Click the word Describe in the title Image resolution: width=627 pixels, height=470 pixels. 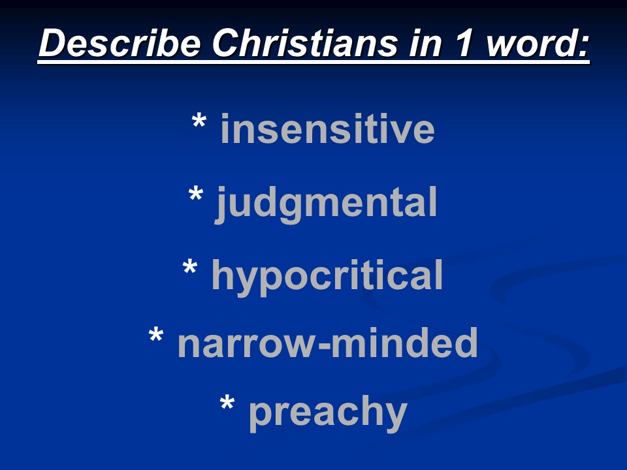(x=119, y=42)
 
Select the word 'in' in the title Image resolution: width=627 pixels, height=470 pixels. (x=425, y=42)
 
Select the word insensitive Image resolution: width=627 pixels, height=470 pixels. (x=327, y=129)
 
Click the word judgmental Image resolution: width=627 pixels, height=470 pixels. (x=326, y=204)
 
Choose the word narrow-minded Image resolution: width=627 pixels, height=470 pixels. (x=327, y=342)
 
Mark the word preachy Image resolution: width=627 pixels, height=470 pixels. (x=328, y=413)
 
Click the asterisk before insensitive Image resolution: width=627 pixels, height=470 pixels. (x=199, y=121)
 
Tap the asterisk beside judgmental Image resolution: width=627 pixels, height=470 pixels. (x=195, y=195)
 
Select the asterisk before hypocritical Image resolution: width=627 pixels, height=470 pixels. (x=190, y=267)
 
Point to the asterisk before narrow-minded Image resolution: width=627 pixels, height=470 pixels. (x=156, y=335)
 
